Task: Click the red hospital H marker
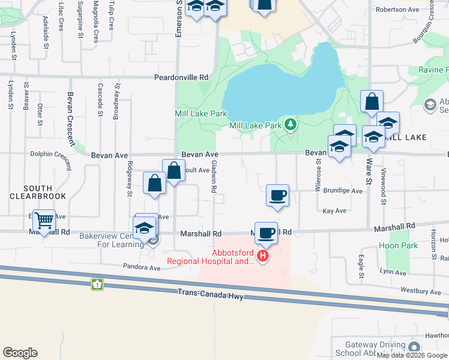tap(262, 257)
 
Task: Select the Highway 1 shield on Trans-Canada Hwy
tap(96, 284)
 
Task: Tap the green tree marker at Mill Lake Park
tap(291, 125)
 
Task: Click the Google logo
tap(20, 352)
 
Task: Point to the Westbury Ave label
tap(420, 292)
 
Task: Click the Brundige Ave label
tap(343, 191)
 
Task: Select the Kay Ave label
tap(334, 211)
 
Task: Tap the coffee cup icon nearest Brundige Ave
tap(277, 196)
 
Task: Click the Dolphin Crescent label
tap(50, 154)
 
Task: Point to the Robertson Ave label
tap(397, 10)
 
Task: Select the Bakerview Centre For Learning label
tap(112, 240)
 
